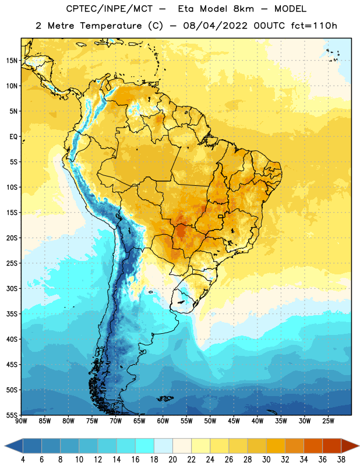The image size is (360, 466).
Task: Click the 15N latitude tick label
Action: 12,61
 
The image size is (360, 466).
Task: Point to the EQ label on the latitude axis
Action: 13,137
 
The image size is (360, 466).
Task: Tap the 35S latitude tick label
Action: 12,314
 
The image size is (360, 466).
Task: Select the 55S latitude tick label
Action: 12,415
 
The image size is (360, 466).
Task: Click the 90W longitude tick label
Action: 21,421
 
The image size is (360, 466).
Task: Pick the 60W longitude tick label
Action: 163,421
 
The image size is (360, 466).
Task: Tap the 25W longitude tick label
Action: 328,421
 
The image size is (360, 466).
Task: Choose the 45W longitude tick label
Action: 234,421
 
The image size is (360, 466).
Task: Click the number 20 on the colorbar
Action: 172,460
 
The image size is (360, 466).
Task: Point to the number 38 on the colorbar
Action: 341,460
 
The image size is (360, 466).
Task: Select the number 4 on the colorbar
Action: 23,460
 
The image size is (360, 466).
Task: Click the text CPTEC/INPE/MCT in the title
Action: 110,9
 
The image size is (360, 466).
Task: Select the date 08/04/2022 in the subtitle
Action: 215,26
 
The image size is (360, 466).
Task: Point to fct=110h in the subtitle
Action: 314,26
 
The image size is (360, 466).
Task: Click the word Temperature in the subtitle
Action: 111,26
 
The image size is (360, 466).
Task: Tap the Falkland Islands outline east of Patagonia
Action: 165,398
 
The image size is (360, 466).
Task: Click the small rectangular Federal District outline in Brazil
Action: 221,216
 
